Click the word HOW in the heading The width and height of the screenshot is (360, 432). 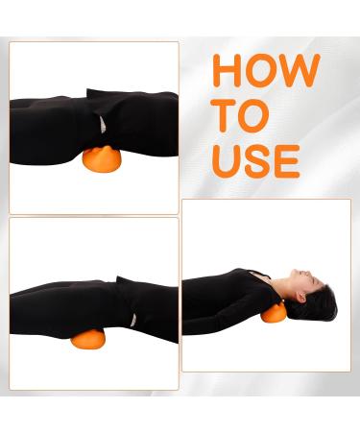266,71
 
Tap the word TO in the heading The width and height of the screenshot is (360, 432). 239,115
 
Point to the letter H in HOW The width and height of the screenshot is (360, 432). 228,71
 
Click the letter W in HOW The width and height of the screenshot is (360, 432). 300,71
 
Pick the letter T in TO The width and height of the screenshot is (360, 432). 225,115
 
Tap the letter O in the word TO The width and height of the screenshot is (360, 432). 253,115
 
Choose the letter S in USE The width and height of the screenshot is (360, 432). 256,159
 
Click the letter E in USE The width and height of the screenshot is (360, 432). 286,159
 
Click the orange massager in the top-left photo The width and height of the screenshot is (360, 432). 99,160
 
